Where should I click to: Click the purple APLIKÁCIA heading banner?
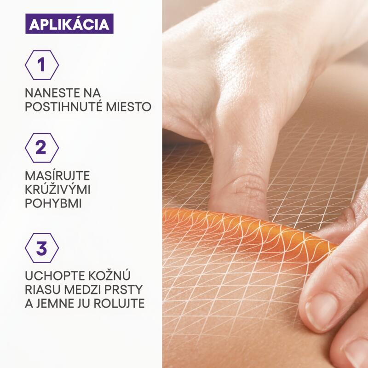(69, 24)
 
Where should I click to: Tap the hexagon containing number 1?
(42, 65)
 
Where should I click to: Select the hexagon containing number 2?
(42, 148)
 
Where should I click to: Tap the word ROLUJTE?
(121, 304)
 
